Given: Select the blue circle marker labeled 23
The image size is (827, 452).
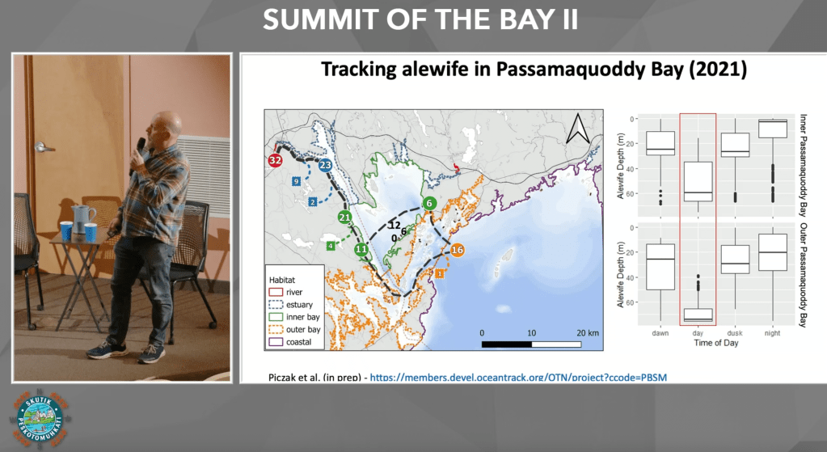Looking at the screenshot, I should click(326, 165).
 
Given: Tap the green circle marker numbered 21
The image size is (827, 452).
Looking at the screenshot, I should click(344, 217).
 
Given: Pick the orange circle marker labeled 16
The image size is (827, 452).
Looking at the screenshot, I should click(457, 250).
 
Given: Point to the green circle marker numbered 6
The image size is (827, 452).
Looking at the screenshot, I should click(430, 203).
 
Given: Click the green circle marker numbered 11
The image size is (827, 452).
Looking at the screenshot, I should click(361, 250).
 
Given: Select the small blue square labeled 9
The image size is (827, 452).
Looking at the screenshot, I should click(296, 180).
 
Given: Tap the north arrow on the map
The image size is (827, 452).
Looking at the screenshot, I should click(577, 129).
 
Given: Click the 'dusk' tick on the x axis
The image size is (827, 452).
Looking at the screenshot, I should click(734, 332).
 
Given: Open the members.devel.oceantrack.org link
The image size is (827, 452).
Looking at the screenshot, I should click(519, 378).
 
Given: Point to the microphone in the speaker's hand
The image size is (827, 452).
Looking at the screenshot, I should click(141, 146).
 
